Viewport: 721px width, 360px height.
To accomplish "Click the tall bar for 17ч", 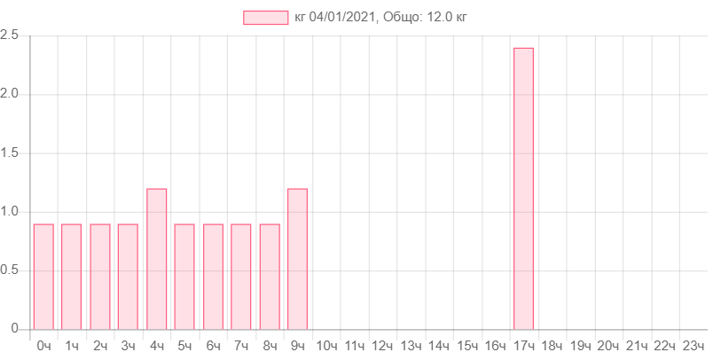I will click(523, 188).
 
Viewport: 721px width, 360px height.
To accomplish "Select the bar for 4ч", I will click(157, 258).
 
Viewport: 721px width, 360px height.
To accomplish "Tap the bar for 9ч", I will click(297, 258).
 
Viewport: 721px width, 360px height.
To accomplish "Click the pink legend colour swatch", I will click(265, 18).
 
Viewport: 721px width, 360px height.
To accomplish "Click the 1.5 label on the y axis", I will click(11, 153).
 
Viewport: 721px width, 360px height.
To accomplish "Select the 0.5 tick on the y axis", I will click(11, 270).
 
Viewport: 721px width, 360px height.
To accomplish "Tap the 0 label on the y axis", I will click(14, 328).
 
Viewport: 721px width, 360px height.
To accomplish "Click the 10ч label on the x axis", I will click(325, 345).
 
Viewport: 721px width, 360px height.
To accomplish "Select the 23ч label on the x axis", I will click(693, 345).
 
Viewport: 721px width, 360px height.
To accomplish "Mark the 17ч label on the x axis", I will click(523, 345).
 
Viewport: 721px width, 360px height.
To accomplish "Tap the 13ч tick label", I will click(411, 345).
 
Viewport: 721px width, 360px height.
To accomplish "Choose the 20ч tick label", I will click(608, 345).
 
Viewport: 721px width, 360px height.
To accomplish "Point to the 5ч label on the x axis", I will click(184, 345).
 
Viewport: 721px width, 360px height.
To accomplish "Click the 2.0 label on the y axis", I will click(11, 93).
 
